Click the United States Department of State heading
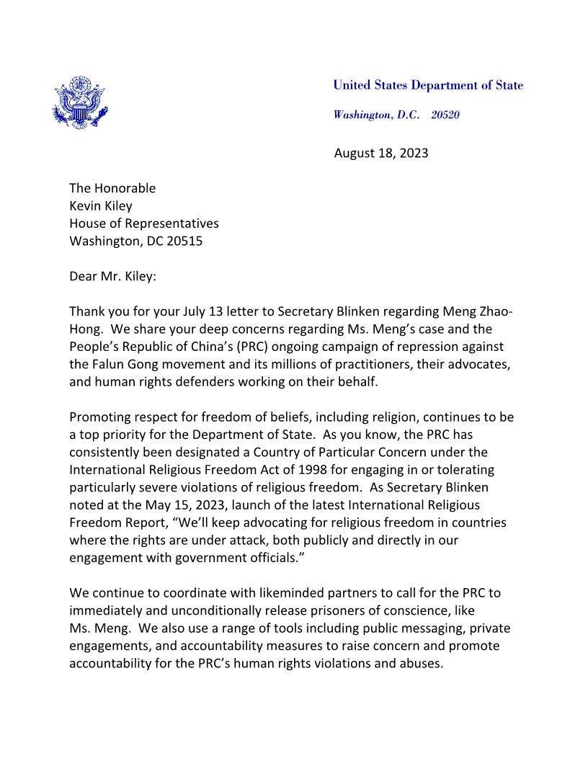pos(428,86)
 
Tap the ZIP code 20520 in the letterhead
pos(445,115)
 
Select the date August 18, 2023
pos(381,153)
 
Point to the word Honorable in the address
pos(125,188)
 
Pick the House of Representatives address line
pos(143,223)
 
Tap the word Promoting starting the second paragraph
pos(101,417)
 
